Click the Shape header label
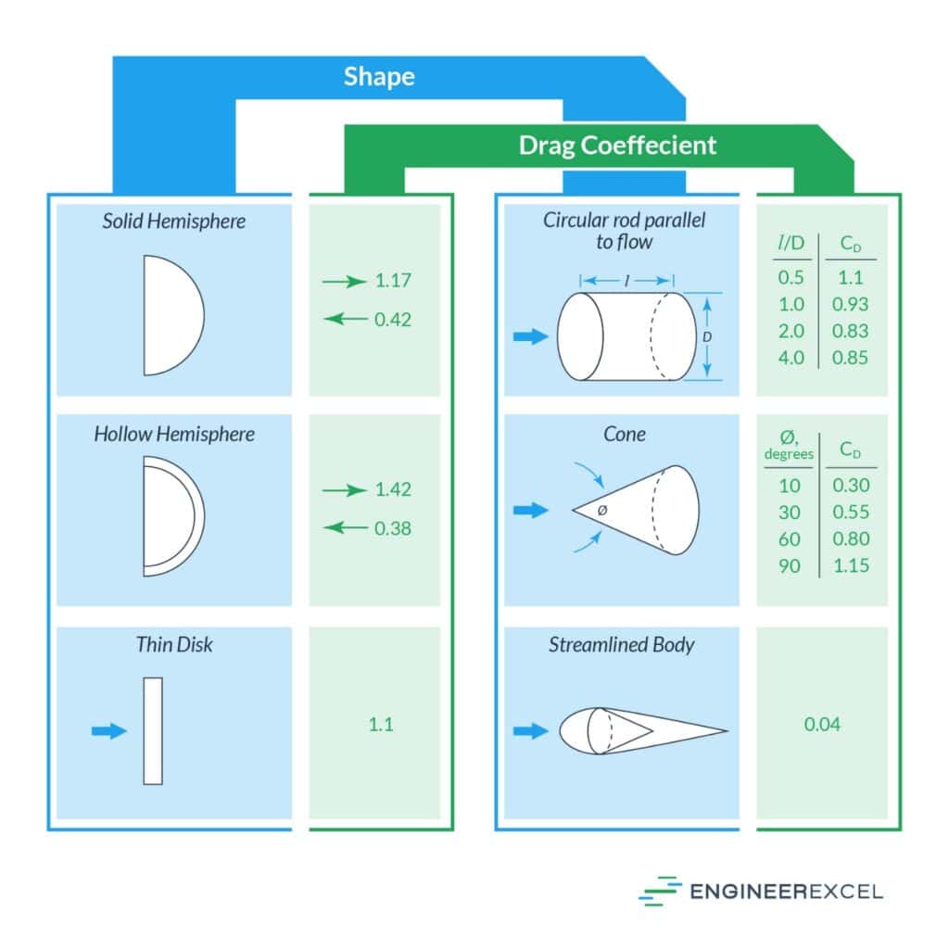[x=379, y=76]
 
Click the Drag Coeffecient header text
[x=617, y=146]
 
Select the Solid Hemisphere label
[x=174, y=221]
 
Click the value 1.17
[x=393, y=281]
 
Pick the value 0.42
[x=393, y=320]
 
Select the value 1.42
[x=393, y=489]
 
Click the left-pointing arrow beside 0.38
[x=344, y=528]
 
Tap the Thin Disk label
[x=174, y=644]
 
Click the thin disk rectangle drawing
[x=153, y=731]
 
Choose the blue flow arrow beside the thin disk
[x=109, y=731]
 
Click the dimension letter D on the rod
[x=706, y=337]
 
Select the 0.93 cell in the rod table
[x=851, y=304]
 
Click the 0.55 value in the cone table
[x=851, y=512]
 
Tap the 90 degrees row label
[x=790, y=565]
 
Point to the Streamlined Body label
[x=620, y=644]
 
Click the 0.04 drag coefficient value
[x=822, y=725]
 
